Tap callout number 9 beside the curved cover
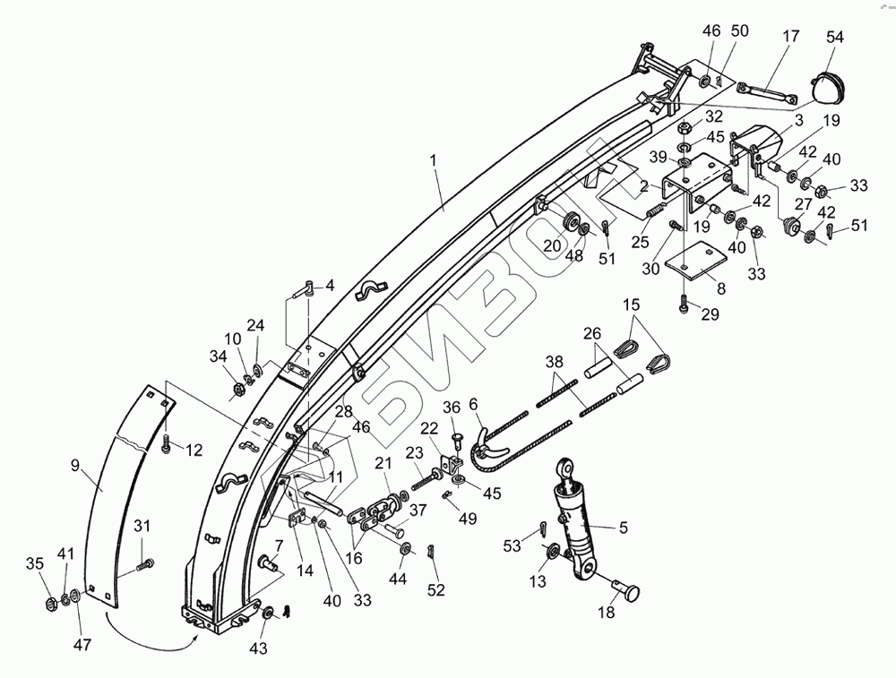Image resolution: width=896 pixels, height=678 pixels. point(75,464)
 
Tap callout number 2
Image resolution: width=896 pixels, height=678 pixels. point(642,186)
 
